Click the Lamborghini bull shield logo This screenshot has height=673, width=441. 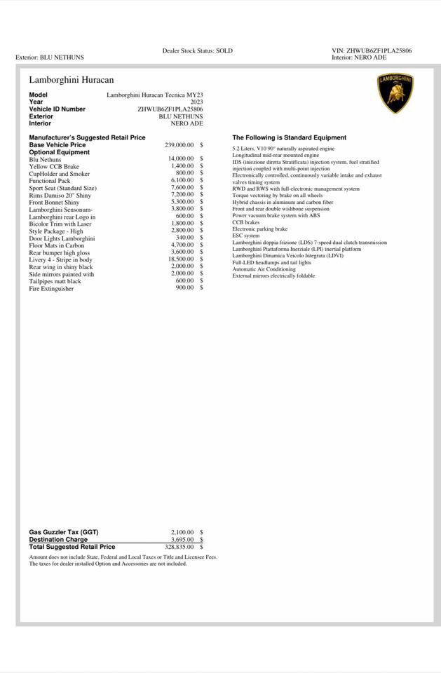point(395,93)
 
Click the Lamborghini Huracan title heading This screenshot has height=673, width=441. point(71,80)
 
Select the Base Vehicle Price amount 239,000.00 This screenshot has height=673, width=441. point(179,145)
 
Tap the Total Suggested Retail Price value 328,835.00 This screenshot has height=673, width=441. point(179,547)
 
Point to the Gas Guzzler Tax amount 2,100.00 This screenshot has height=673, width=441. point(182,533)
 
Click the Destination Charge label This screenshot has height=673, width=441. point(58,540)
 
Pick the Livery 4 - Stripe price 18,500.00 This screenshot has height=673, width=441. point(181,259)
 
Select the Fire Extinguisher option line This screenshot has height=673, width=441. point(51,288)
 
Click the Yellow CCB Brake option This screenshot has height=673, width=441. point(54,167)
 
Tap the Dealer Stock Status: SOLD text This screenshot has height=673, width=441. point(197,50)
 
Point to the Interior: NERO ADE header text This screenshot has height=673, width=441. point(359,57)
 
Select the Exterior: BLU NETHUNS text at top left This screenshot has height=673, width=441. point(49,57)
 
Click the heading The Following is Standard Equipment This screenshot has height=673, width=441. point(289,138)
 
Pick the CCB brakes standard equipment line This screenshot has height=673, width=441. point(246,222)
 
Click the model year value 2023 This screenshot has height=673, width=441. point(196,102)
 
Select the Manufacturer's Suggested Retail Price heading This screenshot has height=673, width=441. point(87,138)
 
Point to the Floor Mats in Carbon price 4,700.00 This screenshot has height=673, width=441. point(182,245)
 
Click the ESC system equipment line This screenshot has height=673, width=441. point(246,236)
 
